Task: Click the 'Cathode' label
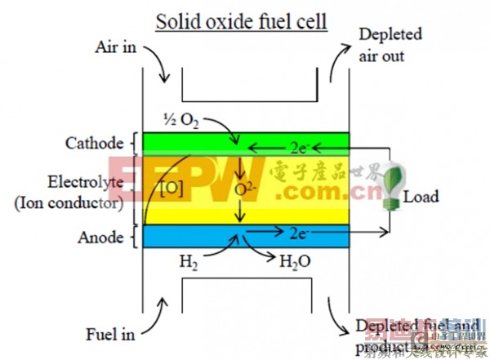[x=95, y=144]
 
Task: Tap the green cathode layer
[x=188, y=143]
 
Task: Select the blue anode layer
[x=188, y=237]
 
